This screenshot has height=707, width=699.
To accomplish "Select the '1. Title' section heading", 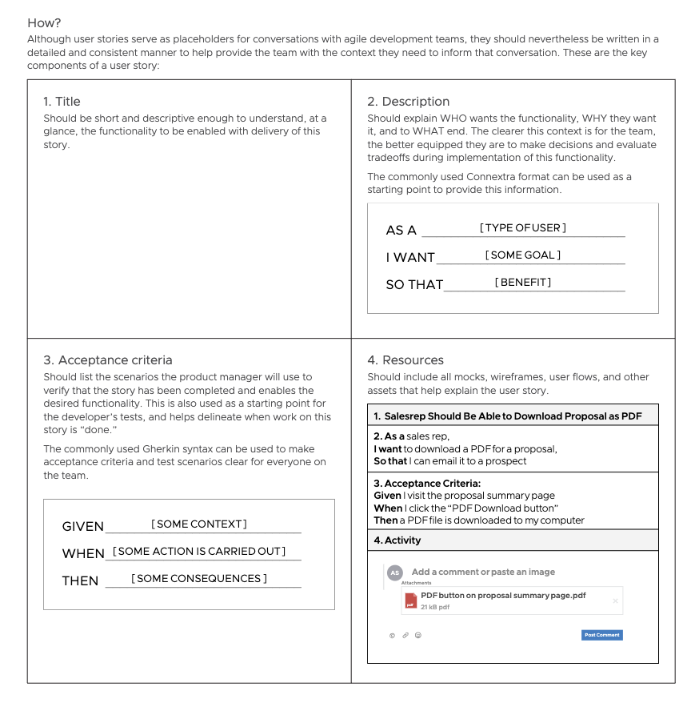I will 62,102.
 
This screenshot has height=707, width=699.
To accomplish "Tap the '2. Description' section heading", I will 408,102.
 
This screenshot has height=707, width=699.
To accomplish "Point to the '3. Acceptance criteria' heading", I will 107,360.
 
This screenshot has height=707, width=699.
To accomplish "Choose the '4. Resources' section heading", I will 405,360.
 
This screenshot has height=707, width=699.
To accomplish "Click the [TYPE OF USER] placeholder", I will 523,228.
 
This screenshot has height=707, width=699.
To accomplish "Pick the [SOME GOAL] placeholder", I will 523,255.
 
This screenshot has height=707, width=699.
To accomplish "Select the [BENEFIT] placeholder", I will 523,283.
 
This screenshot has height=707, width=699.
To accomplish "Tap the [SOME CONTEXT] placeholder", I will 199,524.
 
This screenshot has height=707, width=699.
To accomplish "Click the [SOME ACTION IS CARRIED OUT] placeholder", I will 199,552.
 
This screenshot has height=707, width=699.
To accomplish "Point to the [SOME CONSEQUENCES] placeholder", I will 199,579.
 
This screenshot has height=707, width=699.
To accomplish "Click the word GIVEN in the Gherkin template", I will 83,527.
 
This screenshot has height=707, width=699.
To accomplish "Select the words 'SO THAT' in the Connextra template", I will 414,285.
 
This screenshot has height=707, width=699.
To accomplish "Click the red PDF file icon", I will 410,601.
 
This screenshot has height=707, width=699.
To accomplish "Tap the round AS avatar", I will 394,572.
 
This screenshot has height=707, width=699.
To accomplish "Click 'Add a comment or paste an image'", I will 483,572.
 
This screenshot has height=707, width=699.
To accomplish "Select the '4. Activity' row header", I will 397,540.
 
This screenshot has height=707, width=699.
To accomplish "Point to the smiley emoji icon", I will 418,635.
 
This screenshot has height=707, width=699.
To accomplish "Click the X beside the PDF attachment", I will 615,601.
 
